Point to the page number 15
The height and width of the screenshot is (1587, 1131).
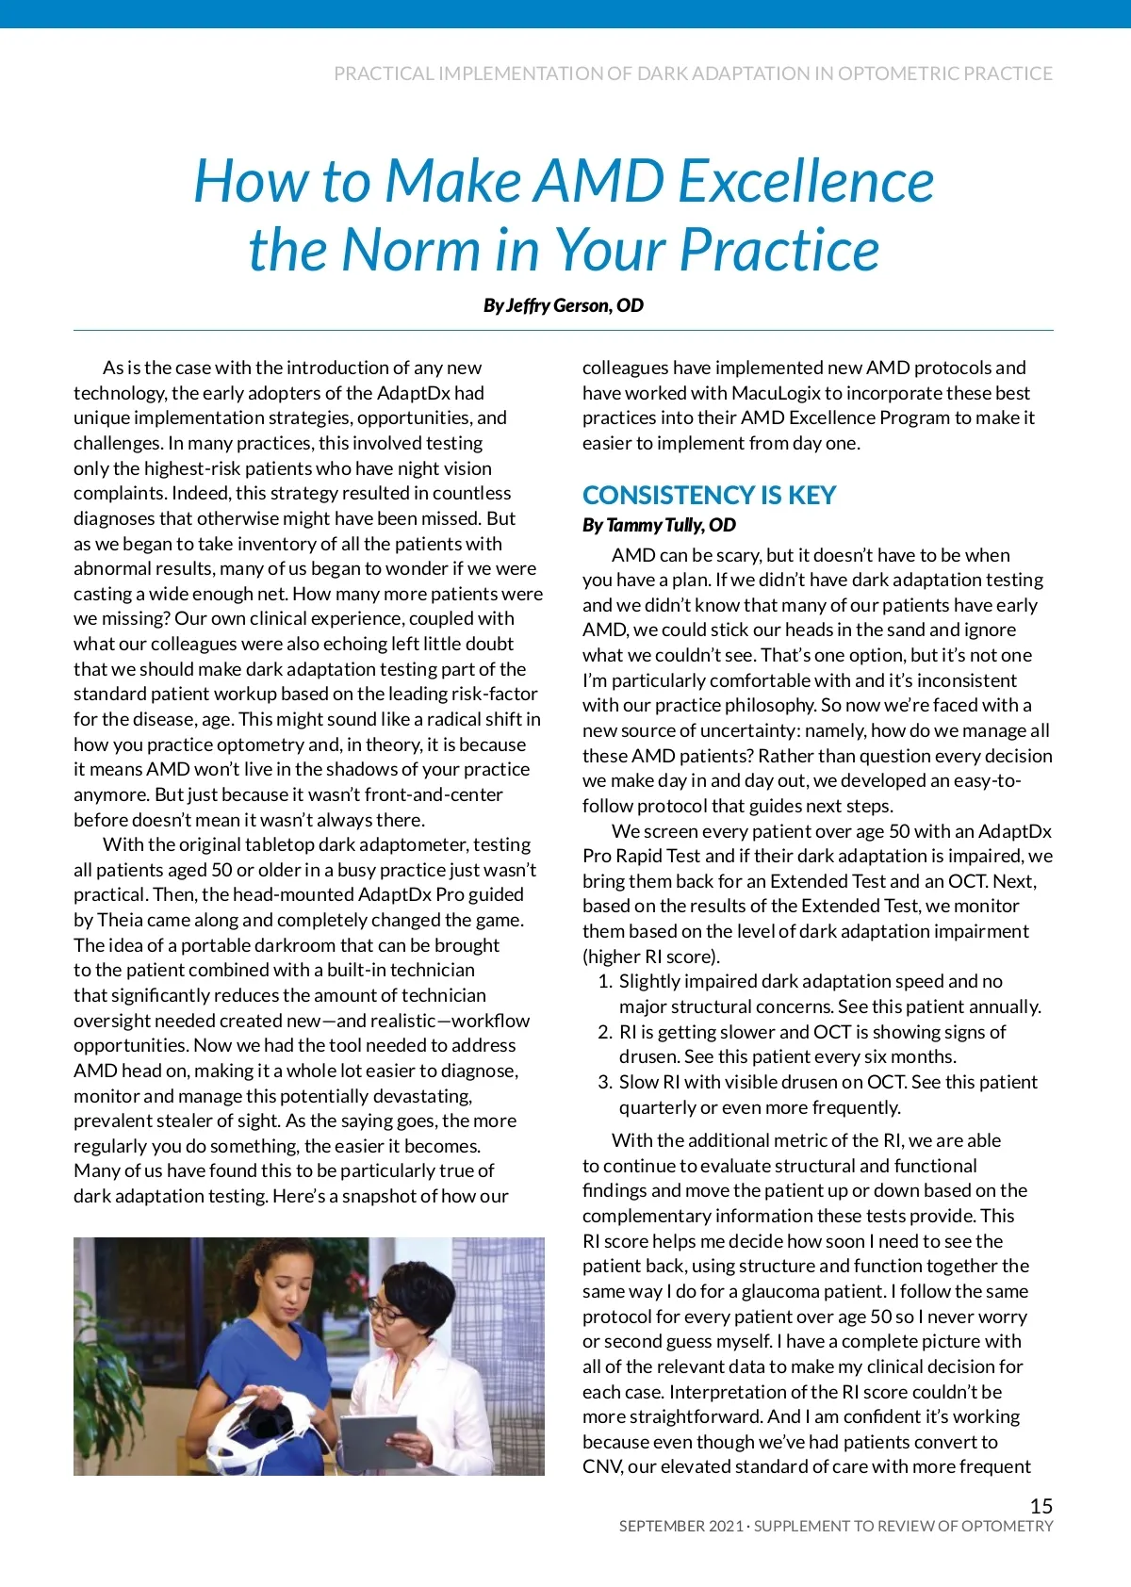click(1041, 1506)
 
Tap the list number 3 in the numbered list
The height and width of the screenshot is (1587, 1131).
click(604, 1082)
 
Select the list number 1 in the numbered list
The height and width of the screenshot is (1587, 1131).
click(604, 981)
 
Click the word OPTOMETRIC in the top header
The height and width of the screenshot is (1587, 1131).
click(896, 74)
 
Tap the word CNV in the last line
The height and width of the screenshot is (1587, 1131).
click(601, 1466)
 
